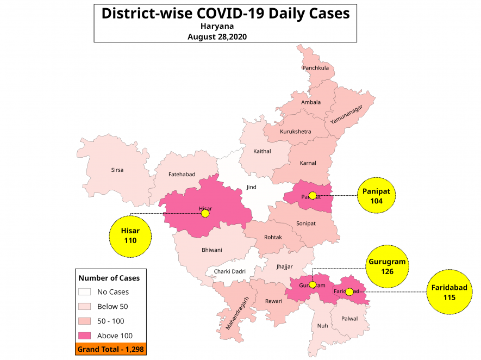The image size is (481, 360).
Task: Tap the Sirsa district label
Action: pos(117,170)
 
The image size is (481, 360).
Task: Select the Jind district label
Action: pos(251,187)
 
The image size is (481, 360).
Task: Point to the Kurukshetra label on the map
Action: pos(296,132)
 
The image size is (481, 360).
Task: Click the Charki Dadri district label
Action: pos(230,271)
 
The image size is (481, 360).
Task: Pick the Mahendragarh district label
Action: pos(239,314)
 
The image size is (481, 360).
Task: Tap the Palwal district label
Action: pos(349,319)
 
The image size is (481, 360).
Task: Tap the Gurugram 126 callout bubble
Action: pos(387,266)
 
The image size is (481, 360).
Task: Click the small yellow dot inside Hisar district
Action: pos(205,214)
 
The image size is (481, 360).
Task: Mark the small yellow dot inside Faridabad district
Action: pos(349,292)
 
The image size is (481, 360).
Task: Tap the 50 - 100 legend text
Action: pos(110,321)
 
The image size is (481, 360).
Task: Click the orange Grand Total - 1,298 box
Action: pos(111,349)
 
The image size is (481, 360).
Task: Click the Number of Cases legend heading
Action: pos(109,278)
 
